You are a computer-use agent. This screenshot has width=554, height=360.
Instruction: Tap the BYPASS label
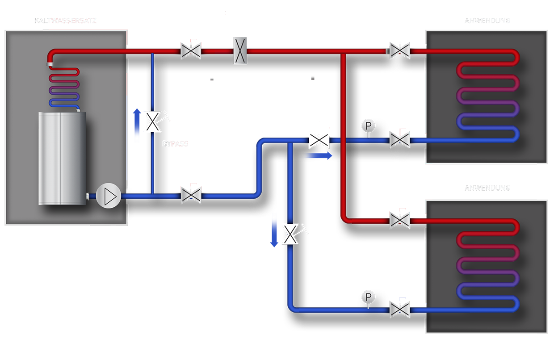coord(175,144)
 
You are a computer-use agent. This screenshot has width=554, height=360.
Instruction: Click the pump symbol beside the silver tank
coord(108,196)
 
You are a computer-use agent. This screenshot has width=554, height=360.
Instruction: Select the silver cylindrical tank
coord(62,159)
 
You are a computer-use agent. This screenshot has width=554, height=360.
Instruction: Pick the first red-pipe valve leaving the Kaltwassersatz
coord(191,50)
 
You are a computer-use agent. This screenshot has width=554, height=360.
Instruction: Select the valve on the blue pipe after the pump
coord(191,195)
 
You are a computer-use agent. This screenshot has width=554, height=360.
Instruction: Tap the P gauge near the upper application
coord(367,126)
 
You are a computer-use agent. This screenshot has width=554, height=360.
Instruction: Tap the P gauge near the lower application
coord(367,296)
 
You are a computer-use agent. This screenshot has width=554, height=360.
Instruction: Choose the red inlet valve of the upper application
coord(399,50)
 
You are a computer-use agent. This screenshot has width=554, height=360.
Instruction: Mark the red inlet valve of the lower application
coord(399,219)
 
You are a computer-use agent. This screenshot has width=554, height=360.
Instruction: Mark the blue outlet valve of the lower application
coord(399,308)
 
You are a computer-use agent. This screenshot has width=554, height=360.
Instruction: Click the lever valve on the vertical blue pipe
coord(290,234)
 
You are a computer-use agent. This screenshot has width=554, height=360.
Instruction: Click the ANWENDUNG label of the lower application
coord(487,188)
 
